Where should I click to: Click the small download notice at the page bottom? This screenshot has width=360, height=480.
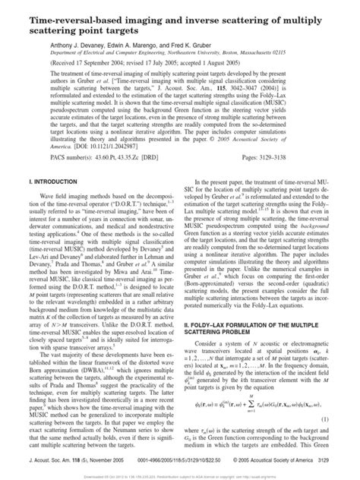pyautogui.click(x=179, y=476)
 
